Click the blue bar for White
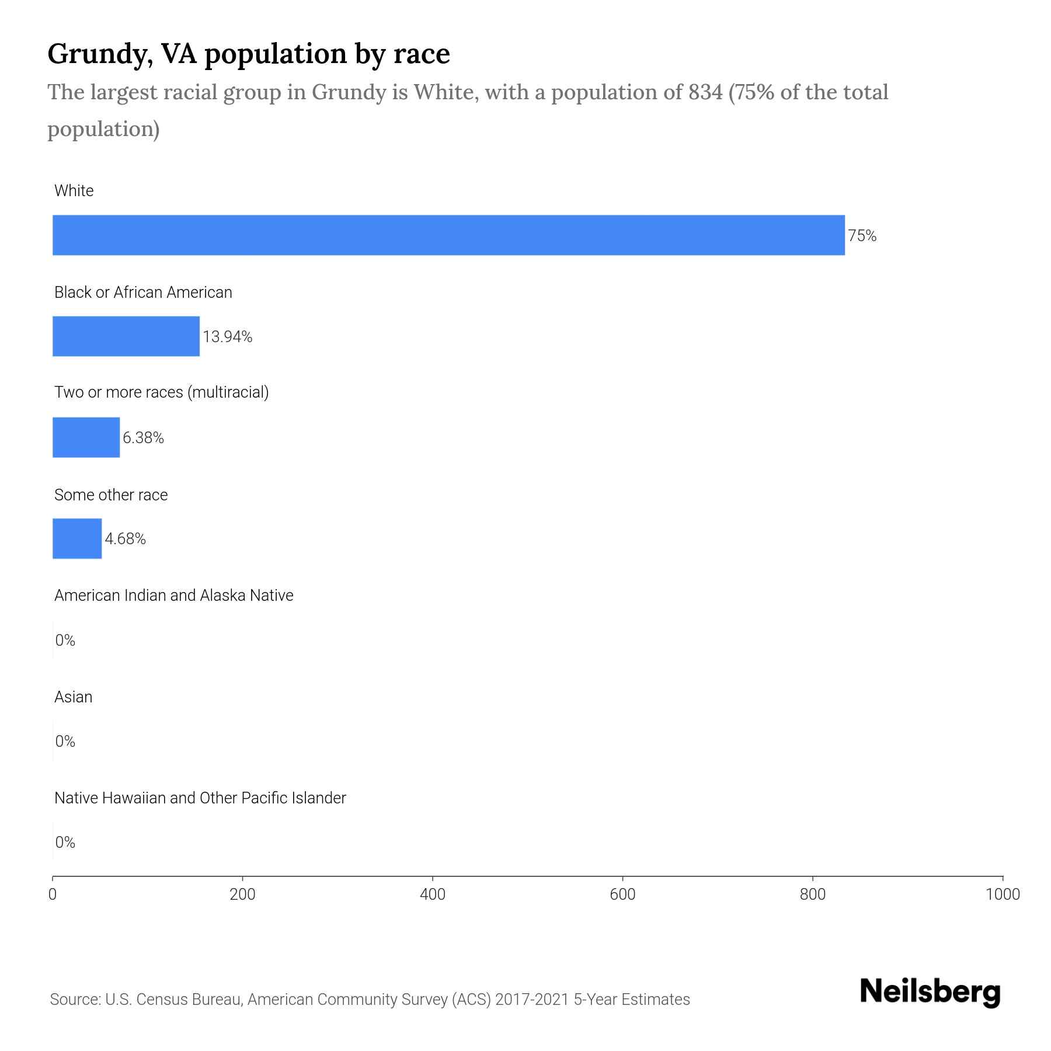click(x=448, y=235)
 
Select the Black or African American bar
click(x=126, y=336)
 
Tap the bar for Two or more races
click(x=86, y=437)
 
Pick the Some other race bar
click(x=77, y=538)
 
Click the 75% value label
click(x=862, y=236)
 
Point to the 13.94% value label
click(x=228, y=337)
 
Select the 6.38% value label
click(x=143, y=438)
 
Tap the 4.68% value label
click(x=125, y=539)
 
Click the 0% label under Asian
click(x=65, y=742)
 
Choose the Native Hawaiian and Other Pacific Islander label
click(x=200, y=798)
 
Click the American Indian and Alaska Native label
click(x=174, y=596)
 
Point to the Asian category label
click(x=74, y=697)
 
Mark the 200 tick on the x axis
click(x=243, y=895)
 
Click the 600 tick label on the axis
click(x=622, y=895)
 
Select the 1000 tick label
click(x=1003, y=895)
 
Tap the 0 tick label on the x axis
click(x=53, y=895)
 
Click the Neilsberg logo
click(x=930, y=992)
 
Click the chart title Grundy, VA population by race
click(x=249, y=54)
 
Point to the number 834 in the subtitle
click(x=705, y=92)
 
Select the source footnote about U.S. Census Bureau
click(x=370, y=1000)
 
